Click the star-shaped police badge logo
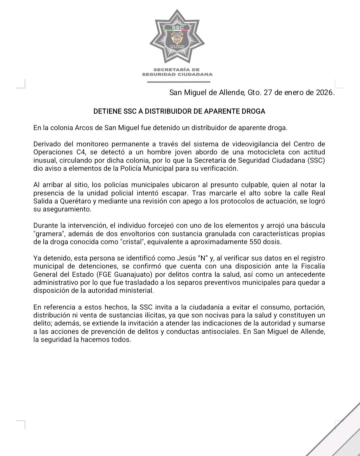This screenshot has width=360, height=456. coord(177,37)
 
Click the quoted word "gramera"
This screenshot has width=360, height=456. coord(48,234)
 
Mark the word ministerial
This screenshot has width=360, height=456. coord(138,290)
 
